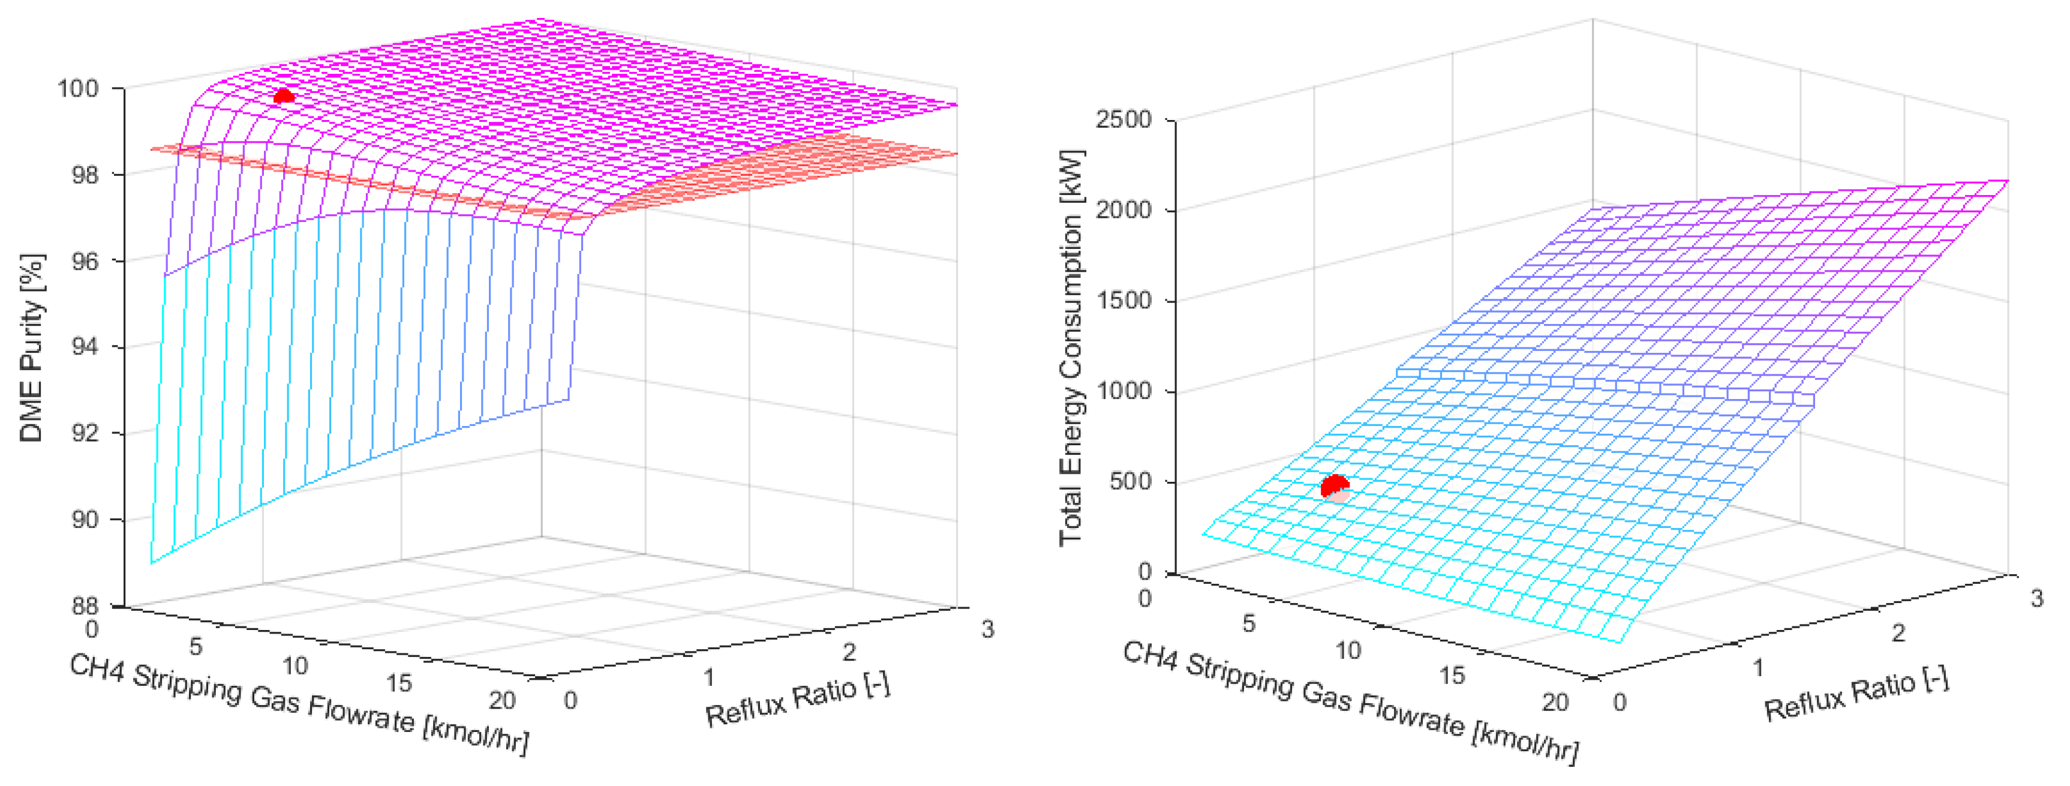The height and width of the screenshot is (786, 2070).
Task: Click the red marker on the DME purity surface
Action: [283, 97]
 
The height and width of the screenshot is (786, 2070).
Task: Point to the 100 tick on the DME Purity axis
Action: [78, 88]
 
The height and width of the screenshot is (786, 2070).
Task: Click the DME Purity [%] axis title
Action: [32, 348]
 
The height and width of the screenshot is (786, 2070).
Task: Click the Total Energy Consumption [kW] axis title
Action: [1071, 347]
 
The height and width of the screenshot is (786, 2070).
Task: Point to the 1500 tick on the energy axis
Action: [1123, 301]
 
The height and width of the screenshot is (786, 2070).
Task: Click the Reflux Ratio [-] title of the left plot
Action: [798, 698]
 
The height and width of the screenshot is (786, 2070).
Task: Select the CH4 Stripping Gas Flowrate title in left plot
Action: [299, 704]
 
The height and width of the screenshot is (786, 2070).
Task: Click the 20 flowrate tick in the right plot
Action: [1555, 703]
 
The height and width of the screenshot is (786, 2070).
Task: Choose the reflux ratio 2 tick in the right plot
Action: [1898, 634]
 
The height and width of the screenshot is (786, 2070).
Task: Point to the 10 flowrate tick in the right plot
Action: [1348, 650]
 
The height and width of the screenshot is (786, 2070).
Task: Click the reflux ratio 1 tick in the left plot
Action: [709, 677]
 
